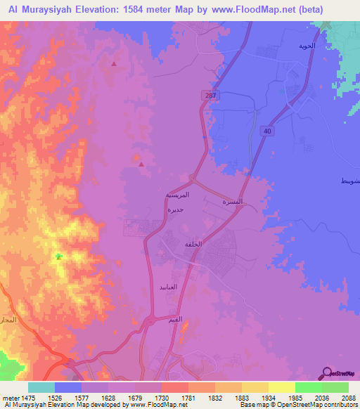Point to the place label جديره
click(x=176, y=209)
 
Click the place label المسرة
click(x=233, y=202)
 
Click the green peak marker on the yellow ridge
click(x=58, y=257)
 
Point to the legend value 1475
click(x=28, y=396)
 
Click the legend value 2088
click(x=349, y=396)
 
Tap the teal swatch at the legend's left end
click(x=41, y=387)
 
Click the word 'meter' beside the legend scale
click(x=9, y=396)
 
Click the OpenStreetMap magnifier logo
click(x=326, y=373)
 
